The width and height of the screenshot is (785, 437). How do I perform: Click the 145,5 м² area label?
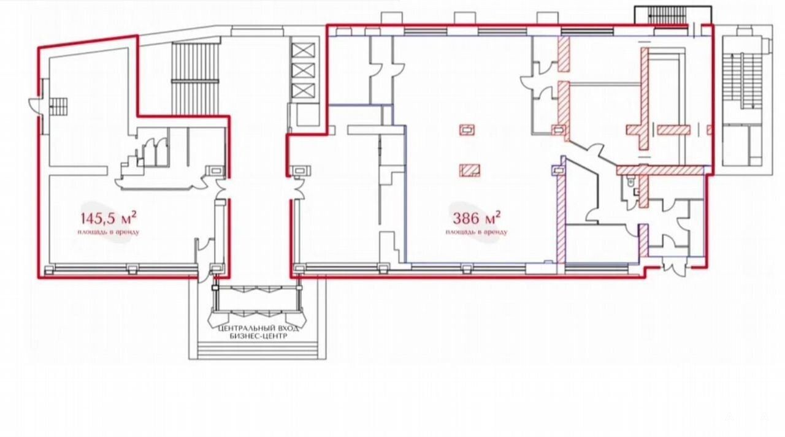(x=109, y=218)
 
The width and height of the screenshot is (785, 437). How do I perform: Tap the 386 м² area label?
(x=477, y=218)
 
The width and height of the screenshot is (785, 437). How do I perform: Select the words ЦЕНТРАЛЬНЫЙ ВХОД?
(x=259, y=329)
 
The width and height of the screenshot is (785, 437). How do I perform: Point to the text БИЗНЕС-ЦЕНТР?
(x=259, y=336)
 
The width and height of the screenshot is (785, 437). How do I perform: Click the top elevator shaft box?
(x=303, y=50)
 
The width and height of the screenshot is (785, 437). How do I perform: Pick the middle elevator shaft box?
(x=303, y=70)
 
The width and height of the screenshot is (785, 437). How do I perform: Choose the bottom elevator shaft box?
(x=303, y=91)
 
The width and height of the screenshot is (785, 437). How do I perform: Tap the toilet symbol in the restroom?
(x=631, y=181)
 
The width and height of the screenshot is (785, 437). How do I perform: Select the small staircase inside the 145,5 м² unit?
(x=58, y=107)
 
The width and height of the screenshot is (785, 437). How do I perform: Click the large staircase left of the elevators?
(x=195, y=79)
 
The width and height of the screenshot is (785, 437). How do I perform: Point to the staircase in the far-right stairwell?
(x=742, y=82)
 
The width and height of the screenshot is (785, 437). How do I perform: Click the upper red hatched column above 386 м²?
(x=467, y=130)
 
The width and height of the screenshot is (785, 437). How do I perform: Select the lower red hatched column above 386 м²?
(x=470, y=170)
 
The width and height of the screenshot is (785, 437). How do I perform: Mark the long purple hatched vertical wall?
(x=561, y=219)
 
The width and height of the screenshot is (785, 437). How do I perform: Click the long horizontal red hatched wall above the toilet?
(x=661, y=170)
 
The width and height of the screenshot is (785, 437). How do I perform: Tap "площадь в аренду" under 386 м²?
(x=477, y=232)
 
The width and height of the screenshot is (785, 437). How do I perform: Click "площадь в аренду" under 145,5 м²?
(x=109, y=232)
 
